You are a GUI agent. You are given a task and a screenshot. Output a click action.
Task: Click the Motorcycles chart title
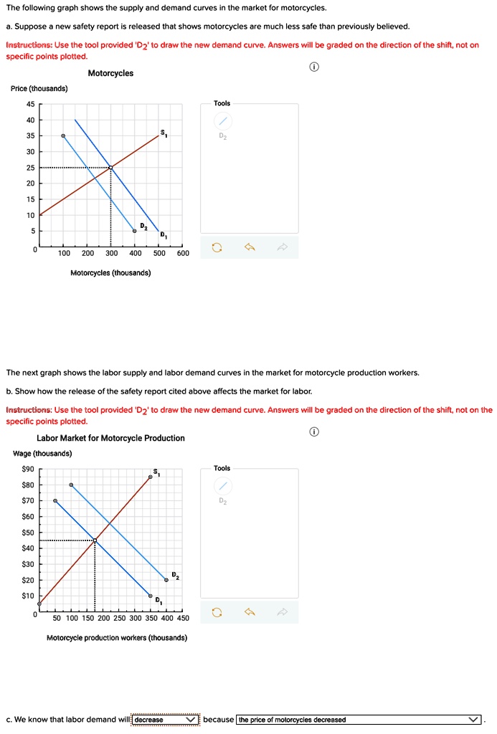coord(110,73)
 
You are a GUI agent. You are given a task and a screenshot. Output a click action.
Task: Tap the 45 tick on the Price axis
coord(29,104)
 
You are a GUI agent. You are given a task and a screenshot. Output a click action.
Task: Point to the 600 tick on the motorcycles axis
coord(183,253)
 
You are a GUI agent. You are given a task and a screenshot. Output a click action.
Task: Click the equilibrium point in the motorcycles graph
coord(110,168)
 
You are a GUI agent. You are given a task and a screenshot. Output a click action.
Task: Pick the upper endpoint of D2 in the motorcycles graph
coord(63,135)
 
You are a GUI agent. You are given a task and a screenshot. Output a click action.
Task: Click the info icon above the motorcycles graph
coord(313,67)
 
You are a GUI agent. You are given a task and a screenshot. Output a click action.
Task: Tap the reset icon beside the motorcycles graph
coord(217,248)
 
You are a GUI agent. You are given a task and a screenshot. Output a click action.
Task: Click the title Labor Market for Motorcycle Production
coord(110,438)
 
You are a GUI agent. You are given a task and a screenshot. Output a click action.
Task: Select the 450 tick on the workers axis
coord(183,618)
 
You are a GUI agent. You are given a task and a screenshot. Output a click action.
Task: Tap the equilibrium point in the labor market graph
coord(95,540)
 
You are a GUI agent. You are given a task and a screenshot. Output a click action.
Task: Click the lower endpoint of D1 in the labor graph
coord(151,596)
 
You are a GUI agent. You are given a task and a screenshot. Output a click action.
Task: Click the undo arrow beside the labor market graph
coord(250,612)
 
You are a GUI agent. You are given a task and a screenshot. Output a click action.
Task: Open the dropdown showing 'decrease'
coord(166,720)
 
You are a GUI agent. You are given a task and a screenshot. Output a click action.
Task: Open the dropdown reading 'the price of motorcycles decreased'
coord(359,720)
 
